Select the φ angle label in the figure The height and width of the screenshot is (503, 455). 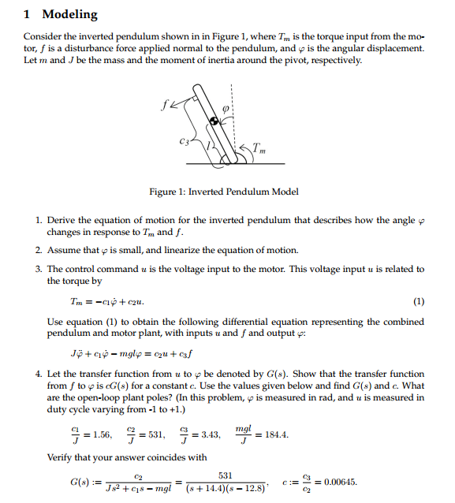(224, 110)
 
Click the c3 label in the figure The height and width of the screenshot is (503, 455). (184, 142)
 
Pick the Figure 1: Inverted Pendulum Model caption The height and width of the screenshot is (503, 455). (224, 192)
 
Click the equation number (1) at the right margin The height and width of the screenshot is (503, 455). (418, 302)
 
